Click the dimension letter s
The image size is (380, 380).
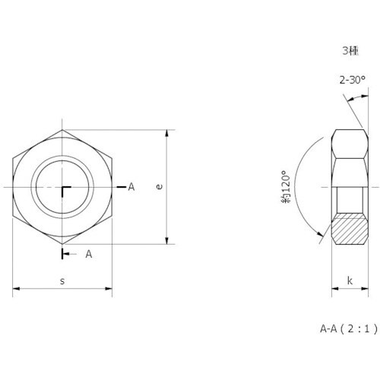click(62, 281)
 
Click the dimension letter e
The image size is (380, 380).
click(159, 187)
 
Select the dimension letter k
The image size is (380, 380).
click(350, 280)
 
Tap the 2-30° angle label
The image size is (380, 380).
click(353, 80)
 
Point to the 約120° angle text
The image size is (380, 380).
click(286, 187)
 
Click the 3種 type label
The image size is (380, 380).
click(350, 51)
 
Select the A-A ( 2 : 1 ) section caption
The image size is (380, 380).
click(349, 329)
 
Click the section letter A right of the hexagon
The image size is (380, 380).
click(131, 187)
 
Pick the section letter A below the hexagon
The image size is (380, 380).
click(89, 254)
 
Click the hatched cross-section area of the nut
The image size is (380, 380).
click(350, 229)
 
